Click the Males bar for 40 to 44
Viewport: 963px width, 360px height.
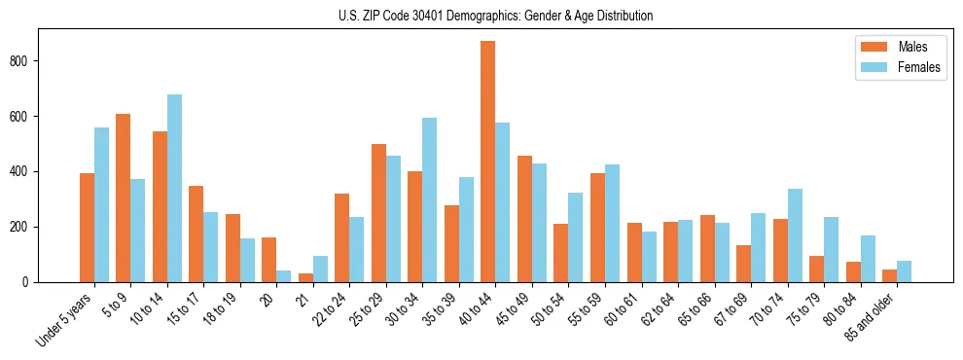[x=488, y=162]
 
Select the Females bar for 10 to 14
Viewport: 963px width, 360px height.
[x=174, y=188]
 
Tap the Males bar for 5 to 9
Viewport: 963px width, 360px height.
[x=124, y=198]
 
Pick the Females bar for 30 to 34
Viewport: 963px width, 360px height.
[x=430, y=199]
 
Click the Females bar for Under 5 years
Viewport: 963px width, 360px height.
[x=101, y=204]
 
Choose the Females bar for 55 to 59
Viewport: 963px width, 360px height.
[x=612, y=223]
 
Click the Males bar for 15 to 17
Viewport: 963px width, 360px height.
[x=196, y=234]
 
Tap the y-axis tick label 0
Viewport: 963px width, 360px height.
[x=29, y=282]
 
